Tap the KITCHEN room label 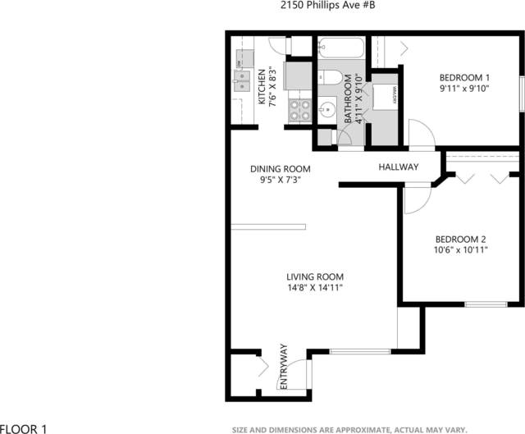[262, 87]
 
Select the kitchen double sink [243, 79]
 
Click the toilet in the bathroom [331, 77]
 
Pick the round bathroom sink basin [326, 109]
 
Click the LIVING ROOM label [314, 276]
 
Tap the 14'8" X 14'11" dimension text [314, 288]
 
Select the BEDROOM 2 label [461, 239]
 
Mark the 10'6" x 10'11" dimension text [461, 250]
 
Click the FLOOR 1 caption [24, 427]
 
